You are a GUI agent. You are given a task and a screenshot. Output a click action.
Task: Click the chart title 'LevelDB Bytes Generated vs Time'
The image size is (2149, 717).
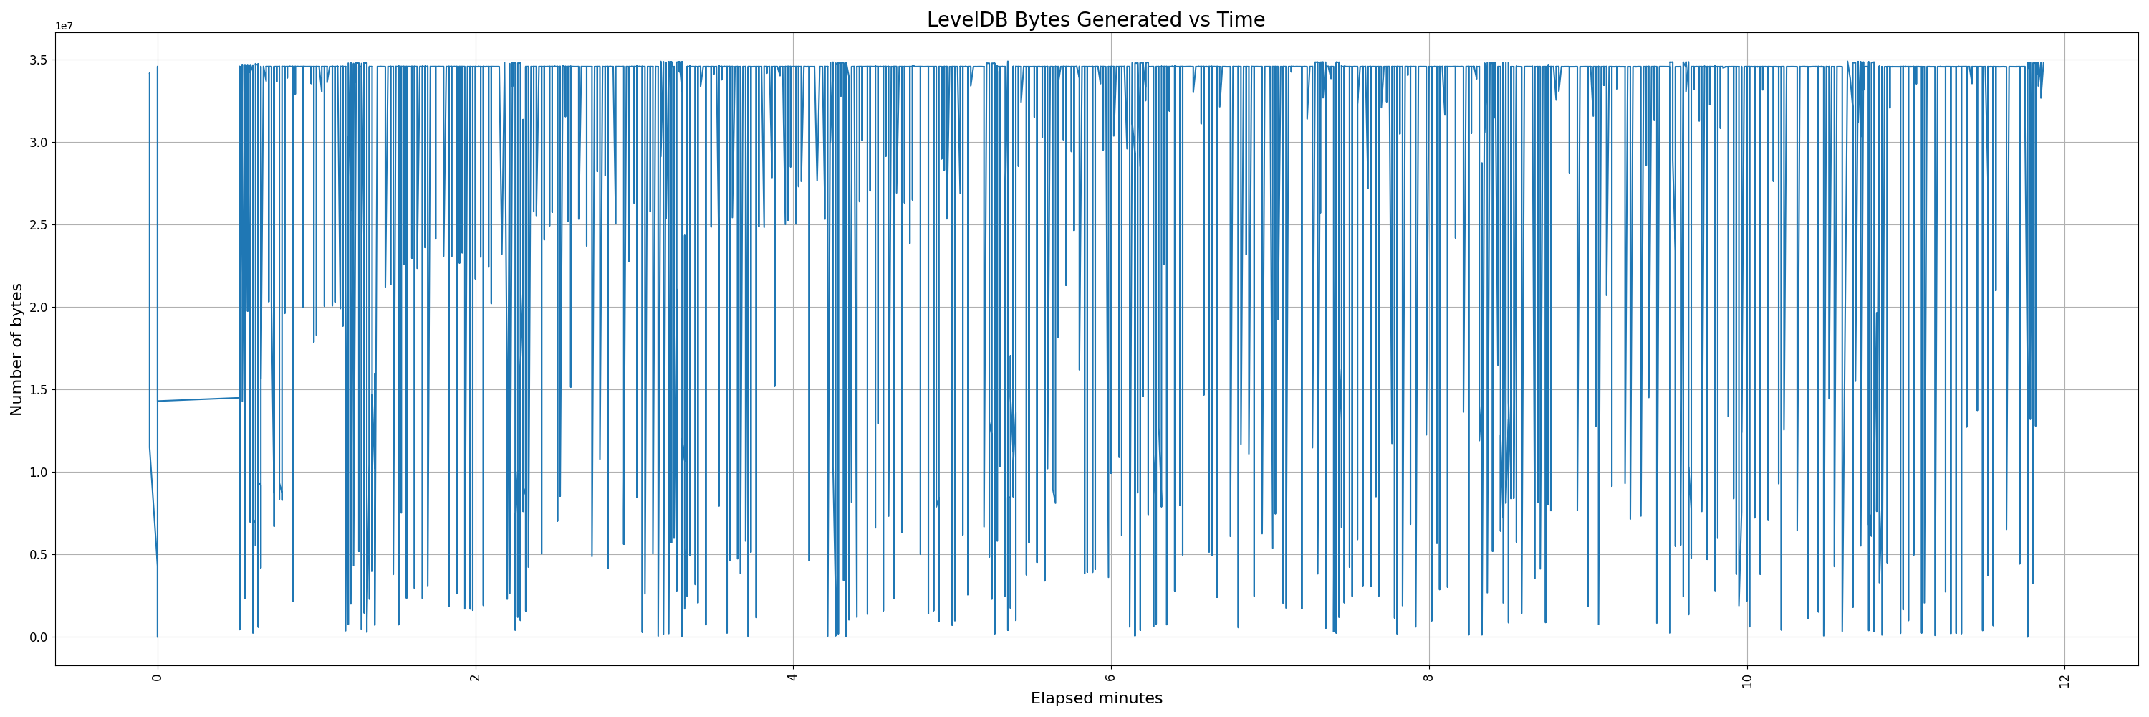coord(1095,19)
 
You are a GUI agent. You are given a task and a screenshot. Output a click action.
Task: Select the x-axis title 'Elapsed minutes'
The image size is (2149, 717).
coord(1096,698)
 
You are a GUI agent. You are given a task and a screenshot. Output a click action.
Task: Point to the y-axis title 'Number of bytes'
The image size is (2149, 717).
coord(16,349)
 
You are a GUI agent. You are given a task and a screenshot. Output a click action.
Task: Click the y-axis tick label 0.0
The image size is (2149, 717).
coord(39,637)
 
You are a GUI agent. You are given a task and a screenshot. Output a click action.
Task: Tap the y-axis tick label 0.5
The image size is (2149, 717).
coord(39,555)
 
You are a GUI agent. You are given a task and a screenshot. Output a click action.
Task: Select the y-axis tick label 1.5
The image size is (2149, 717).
coord(39,390)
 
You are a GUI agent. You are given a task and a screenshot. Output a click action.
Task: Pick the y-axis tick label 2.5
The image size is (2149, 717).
coord(39,225)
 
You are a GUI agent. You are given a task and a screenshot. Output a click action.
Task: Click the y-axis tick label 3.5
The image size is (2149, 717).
coord(39,60)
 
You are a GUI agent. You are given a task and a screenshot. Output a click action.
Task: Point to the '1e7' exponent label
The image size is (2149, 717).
coord(64,26)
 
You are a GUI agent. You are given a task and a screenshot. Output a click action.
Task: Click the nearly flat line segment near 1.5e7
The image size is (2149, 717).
coord(198,399)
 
